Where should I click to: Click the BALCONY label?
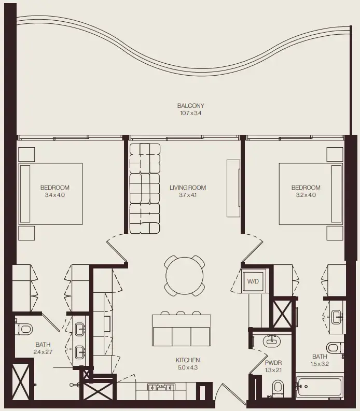click(x=187, y=106)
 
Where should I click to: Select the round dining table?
click(x=184, y=276)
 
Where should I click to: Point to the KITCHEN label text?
click(x=187, y=360)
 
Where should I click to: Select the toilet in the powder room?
click(x=278, y=387)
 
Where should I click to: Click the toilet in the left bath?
click(x=24, y=329)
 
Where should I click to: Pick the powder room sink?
click(x=272, y=341)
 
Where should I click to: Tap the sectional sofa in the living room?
click(x=145, y=189)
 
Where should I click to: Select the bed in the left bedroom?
click(x=51, y=194)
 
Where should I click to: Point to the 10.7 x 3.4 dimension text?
click(x=187, y=113)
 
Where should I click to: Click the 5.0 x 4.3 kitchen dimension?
click(x=187, y=367)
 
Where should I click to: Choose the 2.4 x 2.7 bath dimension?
click(x=43, y=351)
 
